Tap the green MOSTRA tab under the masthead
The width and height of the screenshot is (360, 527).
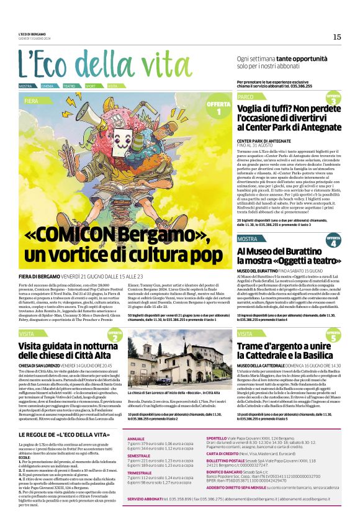26,86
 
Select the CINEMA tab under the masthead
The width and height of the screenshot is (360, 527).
48,86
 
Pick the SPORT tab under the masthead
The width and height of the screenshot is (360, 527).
91,86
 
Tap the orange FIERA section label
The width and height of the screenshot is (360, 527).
32,100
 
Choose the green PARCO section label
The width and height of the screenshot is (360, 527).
246,97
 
